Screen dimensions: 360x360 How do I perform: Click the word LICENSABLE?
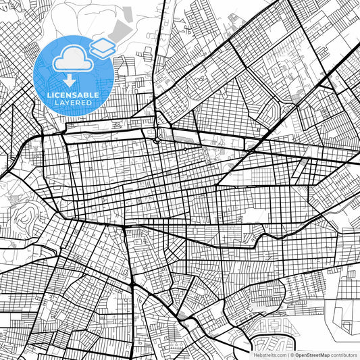[73, 95]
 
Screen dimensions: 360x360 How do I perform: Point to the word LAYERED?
[73, 102]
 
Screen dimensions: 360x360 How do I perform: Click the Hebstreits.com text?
[270, 354]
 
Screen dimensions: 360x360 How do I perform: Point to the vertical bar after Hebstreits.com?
[288, 354]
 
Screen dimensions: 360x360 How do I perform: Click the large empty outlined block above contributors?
[345, 317]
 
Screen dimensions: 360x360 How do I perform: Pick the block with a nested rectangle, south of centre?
[139, 237]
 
